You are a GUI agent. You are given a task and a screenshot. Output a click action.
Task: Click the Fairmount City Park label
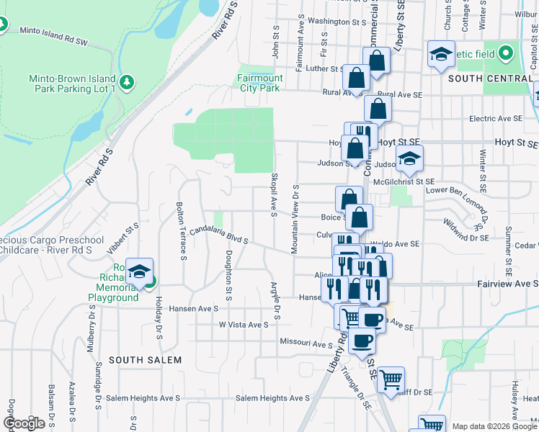click(x=259, y=83)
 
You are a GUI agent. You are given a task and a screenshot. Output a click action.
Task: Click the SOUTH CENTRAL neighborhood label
click(x=489, y=78)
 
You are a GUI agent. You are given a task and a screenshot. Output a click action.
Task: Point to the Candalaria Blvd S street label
click(x=220, y=232)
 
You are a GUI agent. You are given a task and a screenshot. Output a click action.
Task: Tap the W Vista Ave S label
click(x=244, y=325)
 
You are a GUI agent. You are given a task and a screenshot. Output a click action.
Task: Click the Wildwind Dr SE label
click(x=466, y=230)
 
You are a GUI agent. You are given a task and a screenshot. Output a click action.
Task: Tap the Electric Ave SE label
click(x=495, y=118)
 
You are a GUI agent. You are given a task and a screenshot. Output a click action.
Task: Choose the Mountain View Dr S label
click(x=295, y=218)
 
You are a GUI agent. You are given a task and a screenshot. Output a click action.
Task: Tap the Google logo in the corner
click(x=24, y=423)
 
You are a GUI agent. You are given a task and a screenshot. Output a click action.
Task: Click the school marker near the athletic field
click(x=441, y=54)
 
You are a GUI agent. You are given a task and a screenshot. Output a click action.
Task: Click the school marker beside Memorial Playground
click(x=140, y=271)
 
